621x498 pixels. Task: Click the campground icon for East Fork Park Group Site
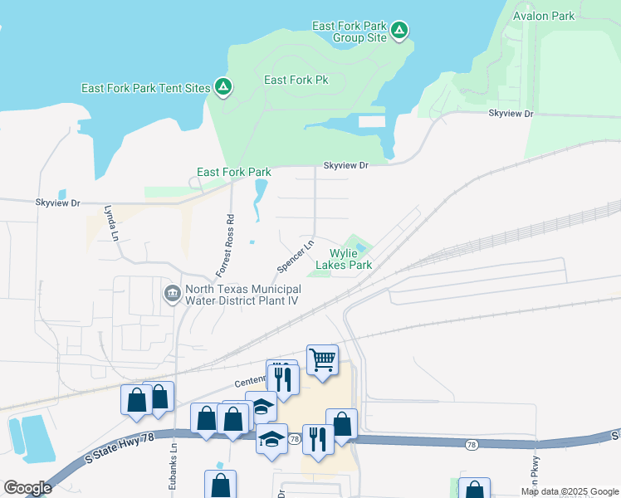399,32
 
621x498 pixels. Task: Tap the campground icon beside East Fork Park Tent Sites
222,86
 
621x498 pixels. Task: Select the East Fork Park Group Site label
349,32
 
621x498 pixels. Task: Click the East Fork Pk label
296,80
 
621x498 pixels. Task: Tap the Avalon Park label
544,16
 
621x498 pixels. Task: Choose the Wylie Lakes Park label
350,259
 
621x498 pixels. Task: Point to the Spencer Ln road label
295,256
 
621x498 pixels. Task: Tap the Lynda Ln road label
110,223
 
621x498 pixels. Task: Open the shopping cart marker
322,360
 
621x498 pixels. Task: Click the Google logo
27,488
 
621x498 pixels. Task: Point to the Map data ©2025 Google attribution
569,491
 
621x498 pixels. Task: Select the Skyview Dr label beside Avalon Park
510,113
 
